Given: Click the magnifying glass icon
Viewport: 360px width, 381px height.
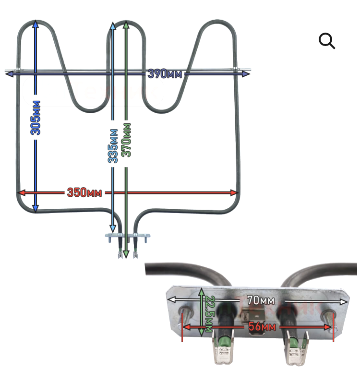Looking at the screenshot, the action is tap(327, 41).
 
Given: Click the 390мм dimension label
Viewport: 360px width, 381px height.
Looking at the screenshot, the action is tap(165, 73).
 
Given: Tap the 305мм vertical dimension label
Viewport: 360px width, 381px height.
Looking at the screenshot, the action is tap(36, 118).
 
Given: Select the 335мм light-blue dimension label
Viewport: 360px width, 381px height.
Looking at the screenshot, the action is tap(113, 146).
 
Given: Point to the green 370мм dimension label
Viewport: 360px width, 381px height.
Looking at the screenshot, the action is tap(126, 140).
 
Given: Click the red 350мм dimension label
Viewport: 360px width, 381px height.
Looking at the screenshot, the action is tap(84, 192).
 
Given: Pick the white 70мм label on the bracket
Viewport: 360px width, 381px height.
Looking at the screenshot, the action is tap(261, 300).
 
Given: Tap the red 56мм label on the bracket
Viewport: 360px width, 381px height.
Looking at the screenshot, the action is tap(262, 327).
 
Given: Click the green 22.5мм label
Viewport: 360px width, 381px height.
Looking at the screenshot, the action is tap(210, 314).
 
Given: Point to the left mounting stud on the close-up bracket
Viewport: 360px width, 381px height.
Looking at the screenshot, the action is tap(186, 313).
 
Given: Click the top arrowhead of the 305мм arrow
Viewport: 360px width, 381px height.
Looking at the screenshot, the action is tap(36, 25).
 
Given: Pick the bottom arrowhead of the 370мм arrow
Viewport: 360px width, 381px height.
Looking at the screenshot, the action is tap(126, 254).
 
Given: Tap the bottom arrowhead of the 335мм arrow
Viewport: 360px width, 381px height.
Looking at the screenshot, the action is tap(112, 228).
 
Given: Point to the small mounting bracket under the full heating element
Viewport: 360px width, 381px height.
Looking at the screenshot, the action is tap(128, 236).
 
